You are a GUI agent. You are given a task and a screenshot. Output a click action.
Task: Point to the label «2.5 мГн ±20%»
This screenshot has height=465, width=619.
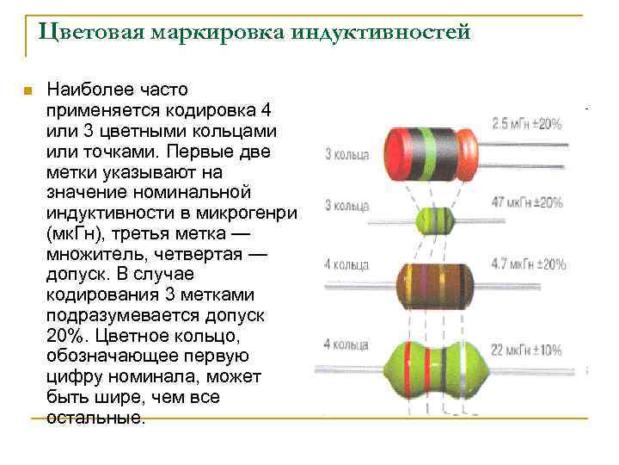click(526, 123)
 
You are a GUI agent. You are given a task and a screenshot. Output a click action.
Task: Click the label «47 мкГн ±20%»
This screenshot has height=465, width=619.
click(527, 203)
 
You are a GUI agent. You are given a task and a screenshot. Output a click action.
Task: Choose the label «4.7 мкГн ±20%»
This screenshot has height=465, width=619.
click(526, 264)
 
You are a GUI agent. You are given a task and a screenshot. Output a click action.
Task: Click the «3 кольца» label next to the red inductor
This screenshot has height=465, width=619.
click(346, 155)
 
